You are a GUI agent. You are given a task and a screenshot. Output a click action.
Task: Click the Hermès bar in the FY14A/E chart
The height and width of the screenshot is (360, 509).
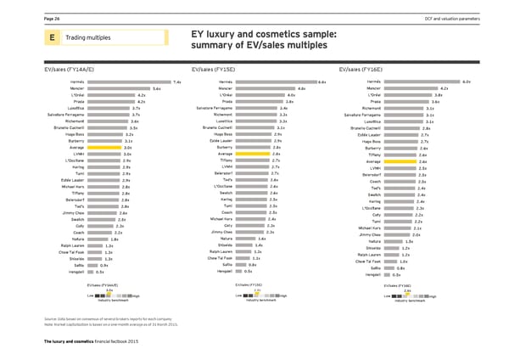point(128,82)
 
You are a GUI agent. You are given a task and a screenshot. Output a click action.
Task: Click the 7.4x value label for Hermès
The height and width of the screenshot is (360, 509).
point(176,82)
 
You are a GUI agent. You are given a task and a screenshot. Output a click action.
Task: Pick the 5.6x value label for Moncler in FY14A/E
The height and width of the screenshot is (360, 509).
point(156,88)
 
